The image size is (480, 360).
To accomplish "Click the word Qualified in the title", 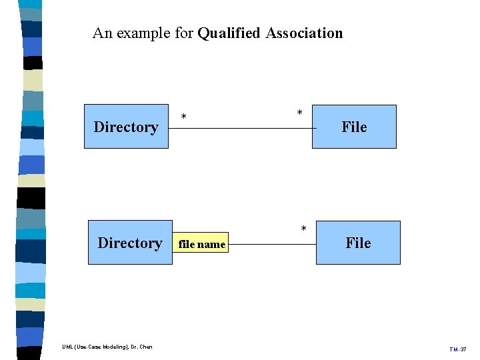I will pyautogui.click(x=229, y=33).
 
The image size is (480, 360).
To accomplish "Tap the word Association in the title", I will pyautogui.click(x=304, y=33).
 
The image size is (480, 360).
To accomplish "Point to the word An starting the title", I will pyautogui.click(x=102, y=33).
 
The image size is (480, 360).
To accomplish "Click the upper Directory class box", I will pyautogui.click(x=126, y=126).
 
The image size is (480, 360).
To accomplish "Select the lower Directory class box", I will pyautogui.click(x=130, y=243).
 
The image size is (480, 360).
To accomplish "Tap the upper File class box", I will pyautogui.click(x=354, y=127).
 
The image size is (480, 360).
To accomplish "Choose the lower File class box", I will pyautogui.click(x=358, y=243).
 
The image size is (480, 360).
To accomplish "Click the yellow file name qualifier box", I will pyautogui.click(x=201, y=244).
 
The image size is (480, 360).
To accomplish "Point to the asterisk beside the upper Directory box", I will pyautogui.click(x=184, y=119).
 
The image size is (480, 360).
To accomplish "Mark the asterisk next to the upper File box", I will pyautogui.click(x=299, y=113).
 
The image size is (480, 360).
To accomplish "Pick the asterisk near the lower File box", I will pyautogui.click(x=303, y=230).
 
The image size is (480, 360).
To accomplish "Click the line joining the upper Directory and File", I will pyautogui.click(x=240, y=127).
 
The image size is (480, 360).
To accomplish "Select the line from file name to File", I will pyautogui.click(x=270, y=244).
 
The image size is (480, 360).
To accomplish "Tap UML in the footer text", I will pyautogui.click(x=68, y=347).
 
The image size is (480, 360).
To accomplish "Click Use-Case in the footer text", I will pyautogui.click(x=89, y=347).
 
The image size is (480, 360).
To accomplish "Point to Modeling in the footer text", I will pyautogui.click(x=115, y=347).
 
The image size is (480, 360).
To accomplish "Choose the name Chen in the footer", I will pyautogui.click(x=146, y=347).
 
